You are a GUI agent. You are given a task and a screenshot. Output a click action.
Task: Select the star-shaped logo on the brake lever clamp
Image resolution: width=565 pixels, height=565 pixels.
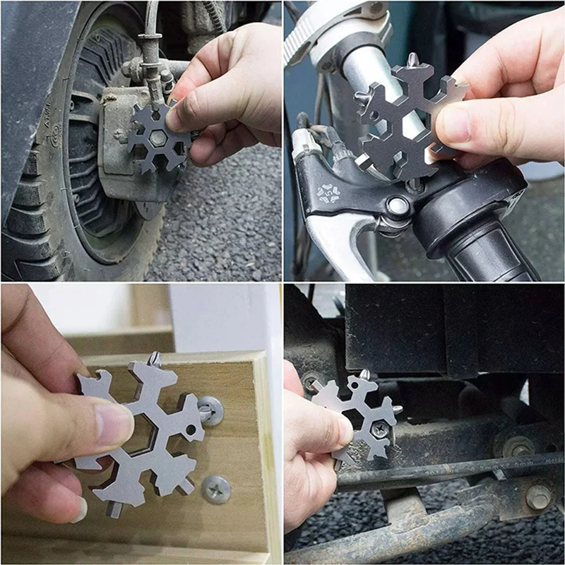[328, 193]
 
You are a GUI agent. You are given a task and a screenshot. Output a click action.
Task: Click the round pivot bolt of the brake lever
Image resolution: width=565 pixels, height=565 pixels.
[398, 206]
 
